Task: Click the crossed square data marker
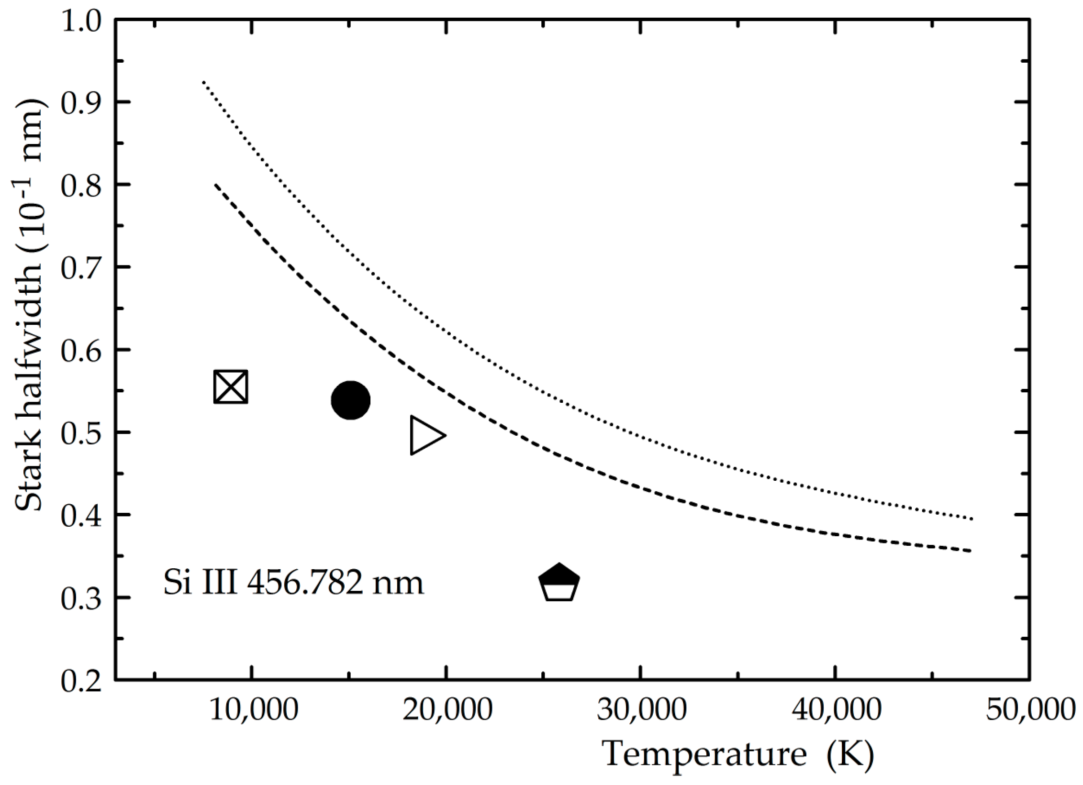(x=231, y=387)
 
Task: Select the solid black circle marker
(x=350, y=400)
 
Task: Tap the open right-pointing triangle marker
(x=425, y=435)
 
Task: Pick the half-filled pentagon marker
(x=559, y=582)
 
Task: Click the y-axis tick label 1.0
(x=81, y=22)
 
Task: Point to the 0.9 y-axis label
(x=81, y=103)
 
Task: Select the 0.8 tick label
(x=81, y=186)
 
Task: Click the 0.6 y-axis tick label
(x=81, y=351)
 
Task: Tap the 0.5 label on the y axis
(x=81, y=433)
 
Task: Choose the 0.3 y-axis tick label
(x=81, y=598)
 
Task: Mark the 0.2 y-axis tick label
(x=81, y=681)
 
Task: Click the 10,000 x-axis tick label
(x=254, y=709)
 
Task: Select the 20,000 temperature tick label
(x=447, y=709)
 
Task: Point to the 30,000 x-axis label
(x=642, y=709)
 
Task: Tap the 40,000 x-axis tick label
(x=836, y=709)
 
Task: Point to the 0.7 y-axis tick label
(x=81, y=268)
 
